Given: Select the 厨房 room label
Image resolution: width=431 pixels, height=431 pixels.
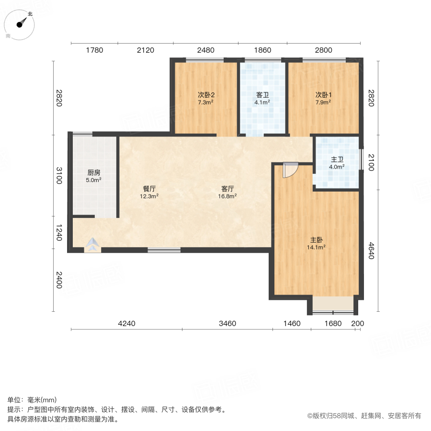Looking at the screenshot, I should coord(93,173).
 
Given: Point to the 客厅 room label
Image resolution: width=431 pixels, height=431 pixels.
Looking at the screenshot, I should coord(228,188).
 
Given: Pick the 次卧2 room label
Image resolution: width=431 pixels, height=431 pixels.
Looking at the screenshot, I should coord(205,95).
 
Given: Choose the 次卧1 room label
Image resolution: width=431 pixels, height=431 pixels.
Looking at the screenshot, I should coord(323,95).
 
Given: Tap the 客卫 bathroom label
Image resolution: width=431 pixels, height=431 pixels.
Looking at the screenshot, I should coord(262,95).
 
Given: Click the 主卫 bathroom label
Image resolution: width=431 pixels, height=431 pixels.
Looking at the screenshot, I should coord(337,160).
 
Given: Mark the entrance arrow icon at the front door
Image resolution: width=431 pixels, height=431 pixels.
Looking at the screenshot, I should coord(92,246).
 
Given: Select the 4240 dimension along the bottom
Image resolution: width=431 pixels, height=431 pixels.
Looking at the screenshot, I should coord(127,323).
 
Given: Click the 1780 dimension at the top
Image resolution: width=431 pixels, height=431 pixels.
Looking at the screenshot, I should coord(94,50).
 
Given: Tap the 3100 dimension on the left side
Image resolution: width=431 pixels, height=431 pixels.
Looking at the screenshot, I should coord(58,175).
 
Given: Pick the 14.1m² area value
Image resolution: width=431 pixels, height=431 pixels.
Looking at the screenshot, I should coord(316,248).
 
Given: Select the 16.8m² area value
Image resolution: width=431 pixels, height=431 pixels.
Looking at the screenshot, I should coord(228,196).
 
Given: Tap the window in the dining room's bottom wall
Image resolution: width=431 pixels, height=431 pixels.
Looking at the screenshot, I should coord(164,250).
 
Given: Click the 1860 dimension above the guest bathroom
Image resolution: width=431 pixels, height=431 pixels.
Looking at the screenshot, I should coord(262,50).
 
